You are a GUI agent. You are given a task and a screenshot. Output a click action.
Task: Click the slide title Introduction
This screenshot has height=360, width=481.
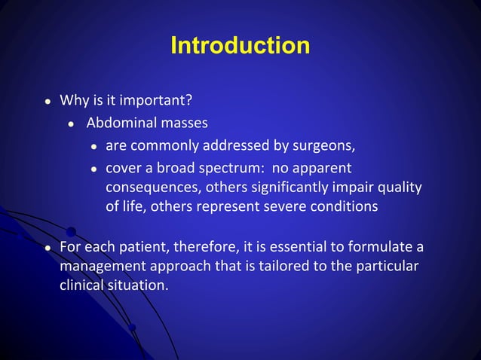pos(240,45)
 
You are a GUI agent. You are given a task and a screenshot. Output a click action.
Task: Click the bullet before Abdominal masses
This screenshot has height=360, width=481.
pos(70,124)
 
